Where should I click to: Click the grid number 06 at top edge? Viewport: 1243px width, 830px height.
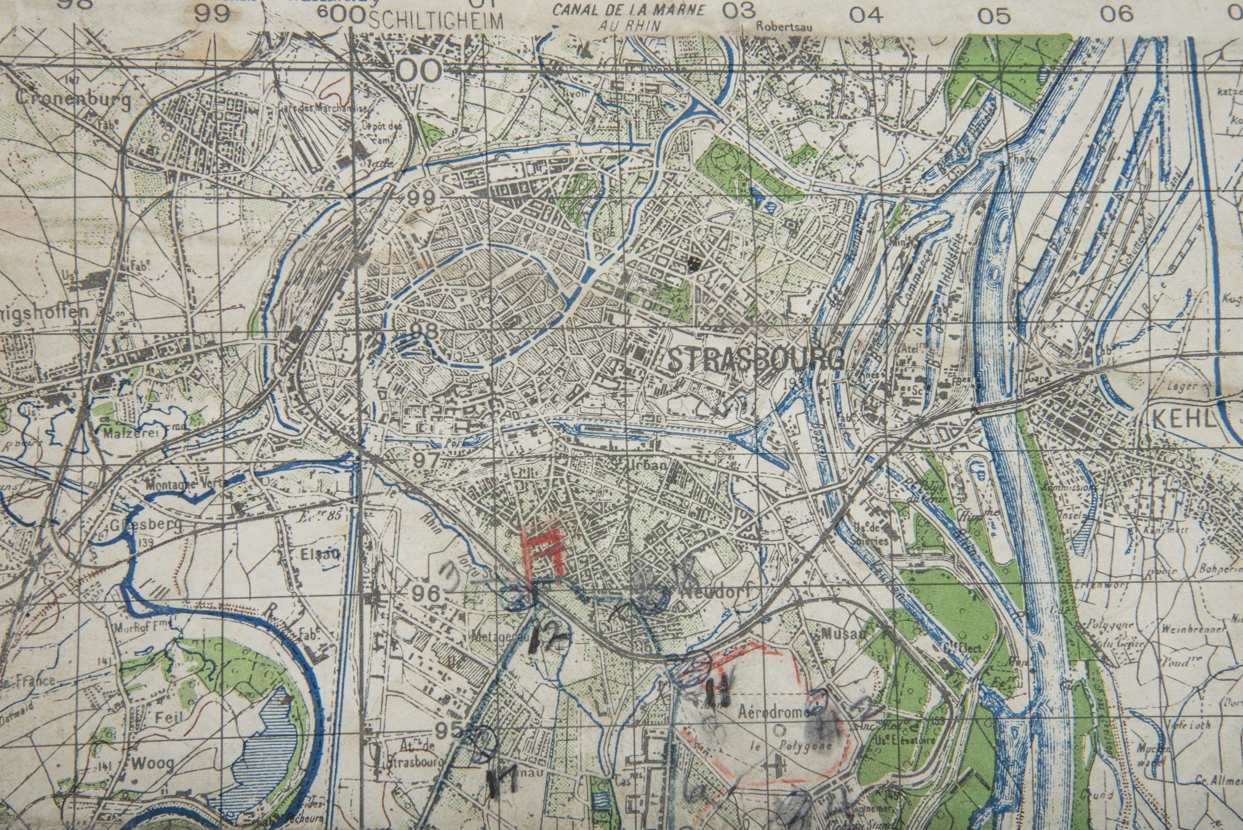pyautogui.click(x=1116, y=14)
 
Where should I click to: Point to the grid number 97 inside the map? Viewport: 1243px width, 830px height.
pyautogui.click(x=426, y=460)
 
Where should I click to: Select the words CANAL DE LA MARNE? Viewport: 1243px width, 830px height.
pyautogui.click(x=629, y=9)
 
